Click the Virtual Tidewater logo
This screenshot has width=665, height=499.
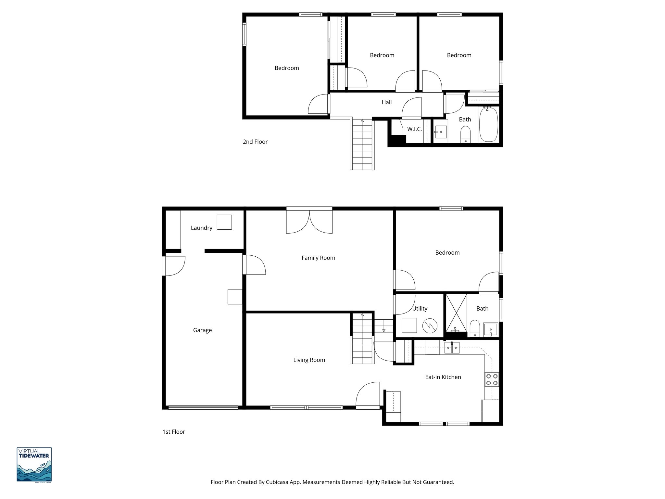point(34,465)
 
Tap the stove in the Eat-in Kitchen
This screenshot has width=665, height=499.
point(492,380)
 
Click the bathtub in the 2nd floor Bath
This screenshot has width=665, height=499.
point(489,125)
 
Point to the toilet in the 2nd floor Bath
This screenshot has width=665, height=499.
point(466,134)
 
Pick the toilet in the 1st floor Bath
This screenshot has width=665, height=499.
point(475,328)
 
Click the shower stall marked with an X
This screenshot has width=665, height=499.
point(456,313)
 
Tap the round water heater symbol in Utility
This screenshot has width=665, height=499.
point(430,326)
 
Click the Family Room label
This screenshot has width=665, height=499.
point(318,258)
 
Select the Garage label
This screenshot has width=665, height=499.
point(202,330)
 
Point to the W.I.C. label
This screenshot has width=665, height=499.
point(414,129)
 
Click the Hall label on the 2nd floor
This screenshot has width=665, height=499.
point(386,102)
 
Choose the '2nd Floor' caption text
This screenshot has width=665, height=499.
point(255,142)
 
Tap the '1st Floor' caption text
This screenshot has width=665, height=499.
point(174,432)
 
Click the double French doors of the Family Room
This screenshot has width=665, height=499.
point(309,221)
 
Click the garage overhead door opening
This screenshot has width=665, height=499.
point(203,407)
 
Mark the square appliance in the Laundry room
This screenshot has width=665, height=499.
point(224,222)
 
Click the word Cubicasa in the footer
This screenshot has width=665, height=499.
point(278,482)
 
